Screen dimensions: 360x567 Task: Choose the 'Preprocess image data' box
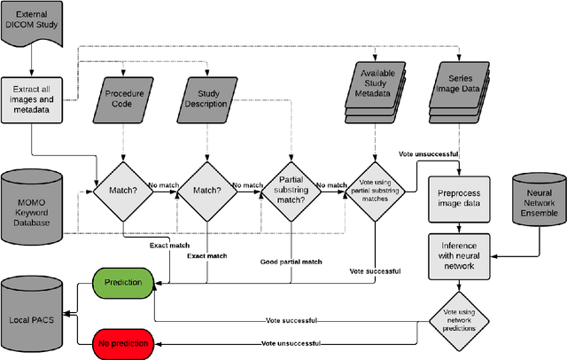point(459,198)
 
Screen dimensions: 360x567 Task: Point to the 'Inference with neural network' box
point(459,255)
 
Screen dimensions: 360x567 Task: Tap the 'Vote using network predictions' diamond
point(459,318)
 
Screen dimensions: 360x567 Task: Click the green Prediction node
point(123,284)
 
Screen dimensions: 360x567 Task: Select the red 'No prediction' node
point(123,341)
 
